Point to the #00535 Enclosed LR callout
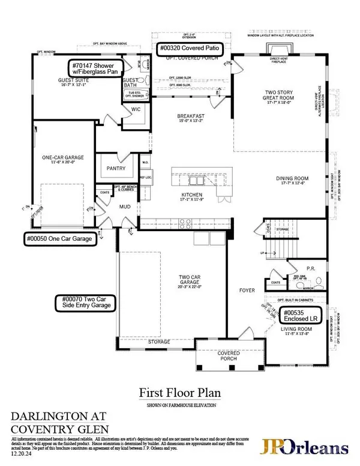pos(303,314)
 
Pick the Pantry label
pos(114,169)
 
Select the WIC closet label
pos(135,109)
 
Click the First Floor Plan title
pos(180,393)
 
